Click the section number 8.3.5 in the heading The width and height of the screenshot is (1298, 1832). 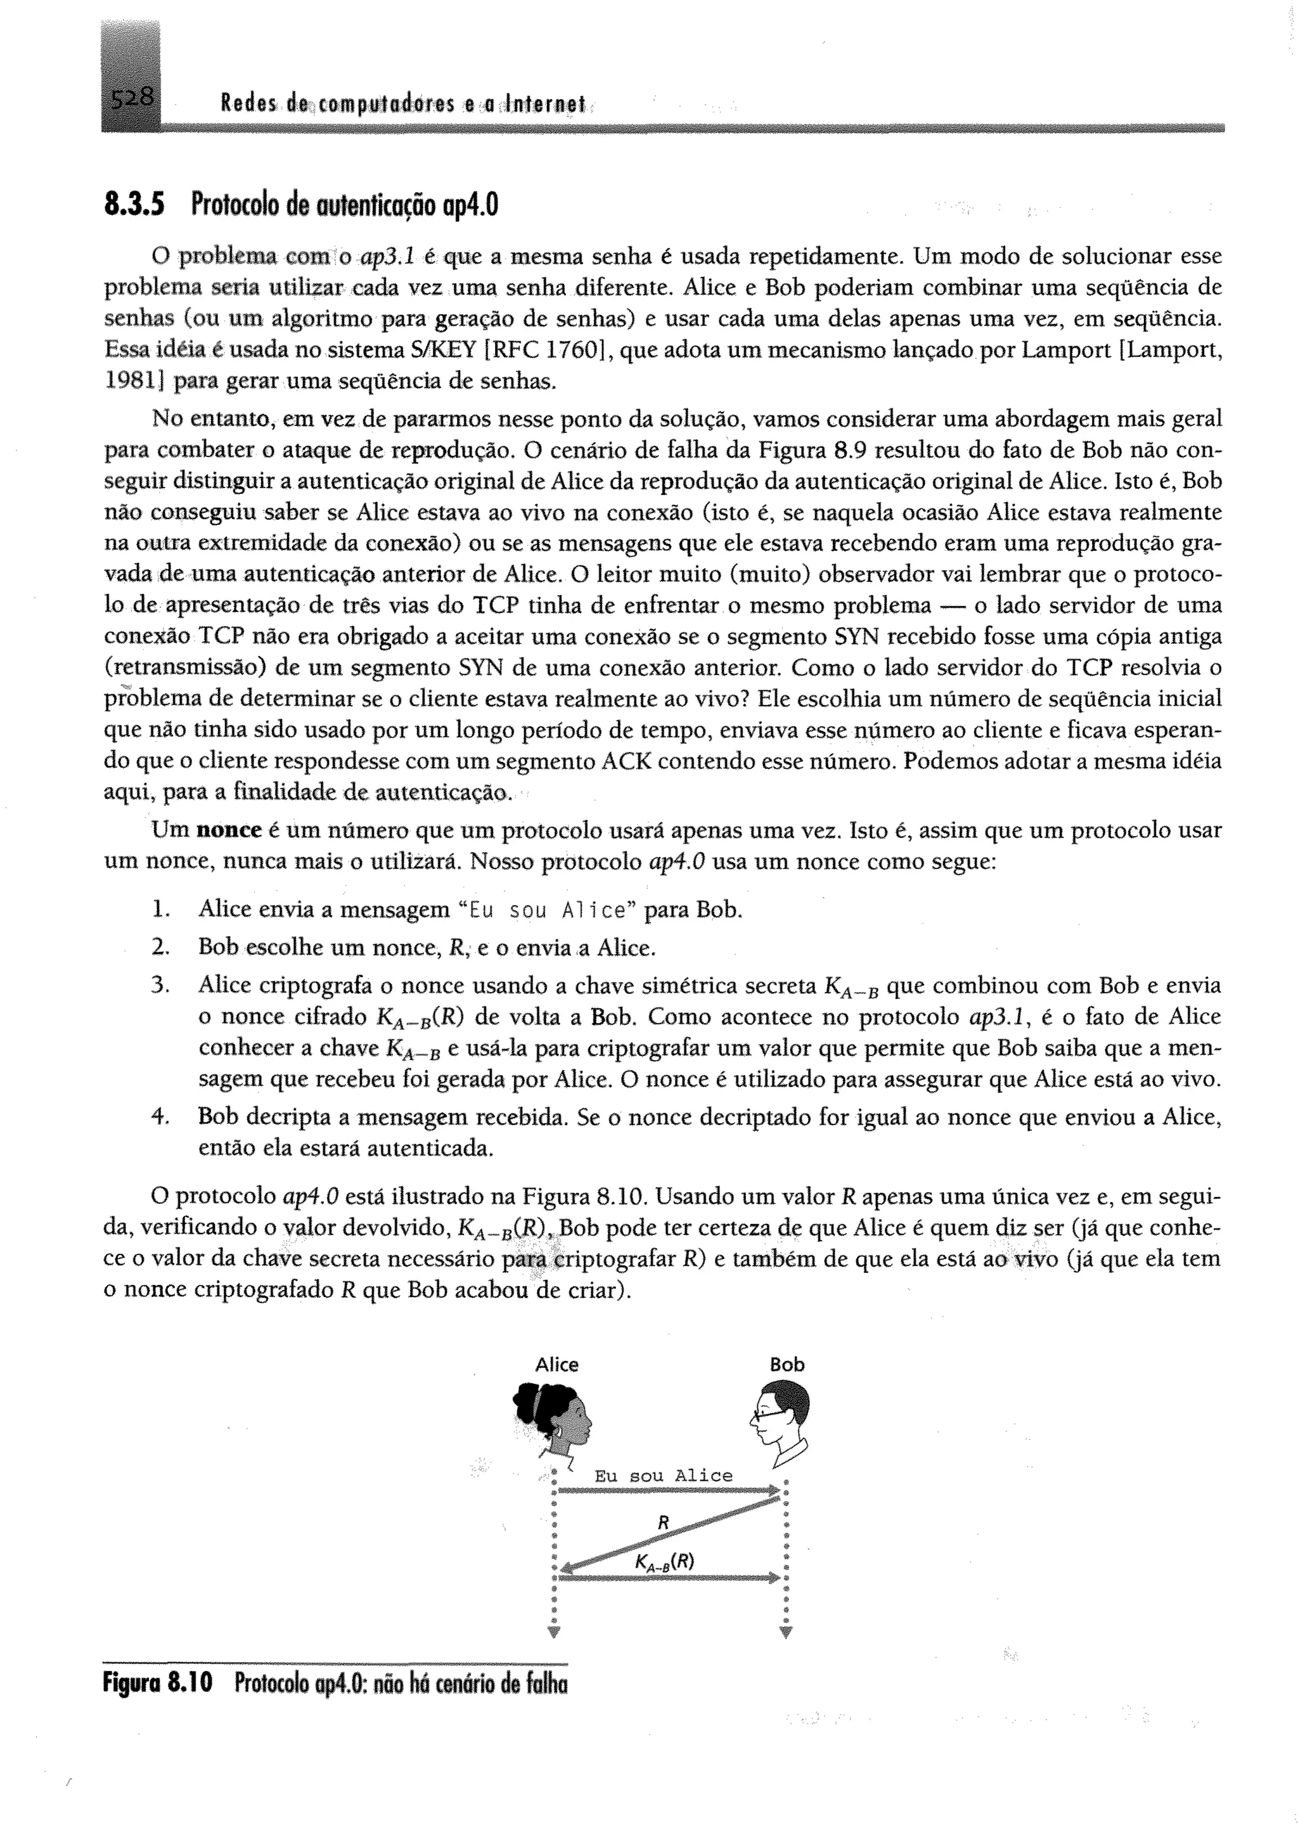(x=134, y=206)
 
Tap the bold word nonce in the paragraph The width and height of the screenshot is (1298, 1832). (x=229, y=830)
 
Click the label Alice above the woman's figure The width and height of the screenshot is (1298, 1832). (x=556, y=1364)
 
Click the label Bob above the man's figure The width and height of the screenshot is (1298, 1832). (x=787, y=1364)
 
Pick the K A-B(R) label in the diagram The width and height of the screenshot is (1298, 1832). (x=664, y=1562)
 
